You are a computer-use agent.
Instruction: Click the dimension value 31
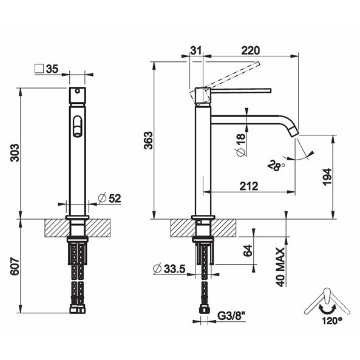(x=195, y=52)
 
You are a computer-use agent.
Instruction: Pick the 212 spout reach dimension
(x=249, y=186)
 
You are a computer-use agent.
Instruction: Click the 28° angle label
(x=276, y=166)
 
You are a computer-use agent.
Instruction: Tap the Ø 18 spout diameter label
(x=240, y=145)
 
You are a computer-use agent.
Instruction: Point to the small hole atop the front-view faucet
(x=76, y=93)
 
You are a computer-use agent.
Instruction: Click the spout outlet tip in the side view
(x=295, y=133)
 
